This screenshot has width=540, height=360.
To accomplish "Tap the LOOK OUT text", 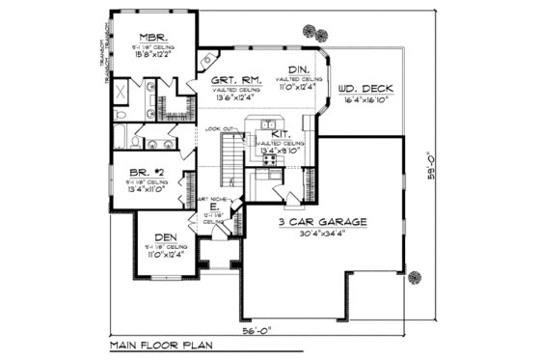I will click(220, 128).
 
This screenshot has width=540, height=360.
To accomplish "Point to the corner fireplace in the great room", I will click(207, 60).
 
